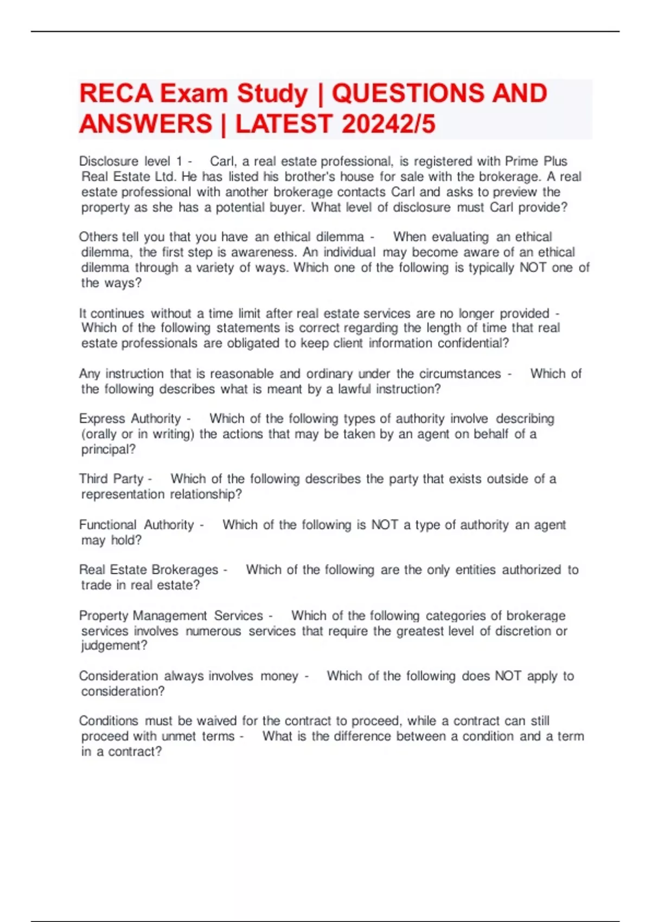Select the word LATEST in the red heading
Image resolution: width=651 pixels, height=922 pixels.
(284, 124)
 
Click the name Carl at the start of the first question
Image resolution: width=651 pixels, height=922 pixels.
(222, 161)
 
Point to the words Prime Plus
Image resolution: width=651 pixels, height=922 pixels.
(536, 161)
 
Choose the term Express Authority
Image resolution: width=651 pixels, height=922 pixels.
(130, 419)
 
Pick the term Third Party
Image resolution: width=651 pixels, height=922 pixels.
(111, 479)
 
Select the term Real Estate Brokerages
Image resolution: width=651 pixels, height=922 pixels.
(149, 569)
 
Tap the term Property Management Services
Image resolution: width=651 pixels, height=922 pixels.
(171, 616)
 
